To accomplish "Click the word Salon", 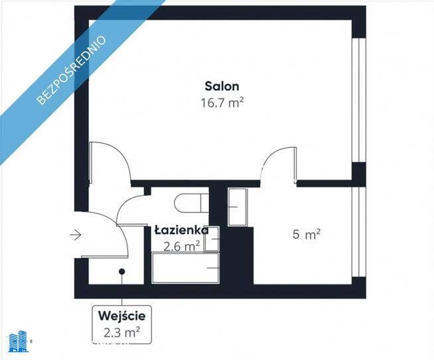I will pos(222,86).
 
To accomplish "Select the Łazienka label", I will pos(181,230).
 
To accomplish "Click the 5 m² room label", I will pos(307,234).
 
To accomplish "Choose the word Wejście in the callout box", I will pos(121,315).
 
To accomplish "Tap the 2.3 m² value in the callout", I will pos(121,331).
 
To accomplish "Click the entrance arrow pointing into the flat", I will pos(74,234).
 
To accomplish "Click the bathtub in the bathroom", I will pos(186,269).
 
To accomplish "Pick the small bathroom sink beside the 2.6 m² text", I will pos(212,239).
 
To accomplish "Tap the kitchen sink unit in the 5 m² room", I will pos(237,206).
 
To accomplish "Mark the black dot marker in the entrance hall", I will pos(121,271).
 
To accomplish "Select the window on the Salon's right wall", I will pos(358,99).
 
